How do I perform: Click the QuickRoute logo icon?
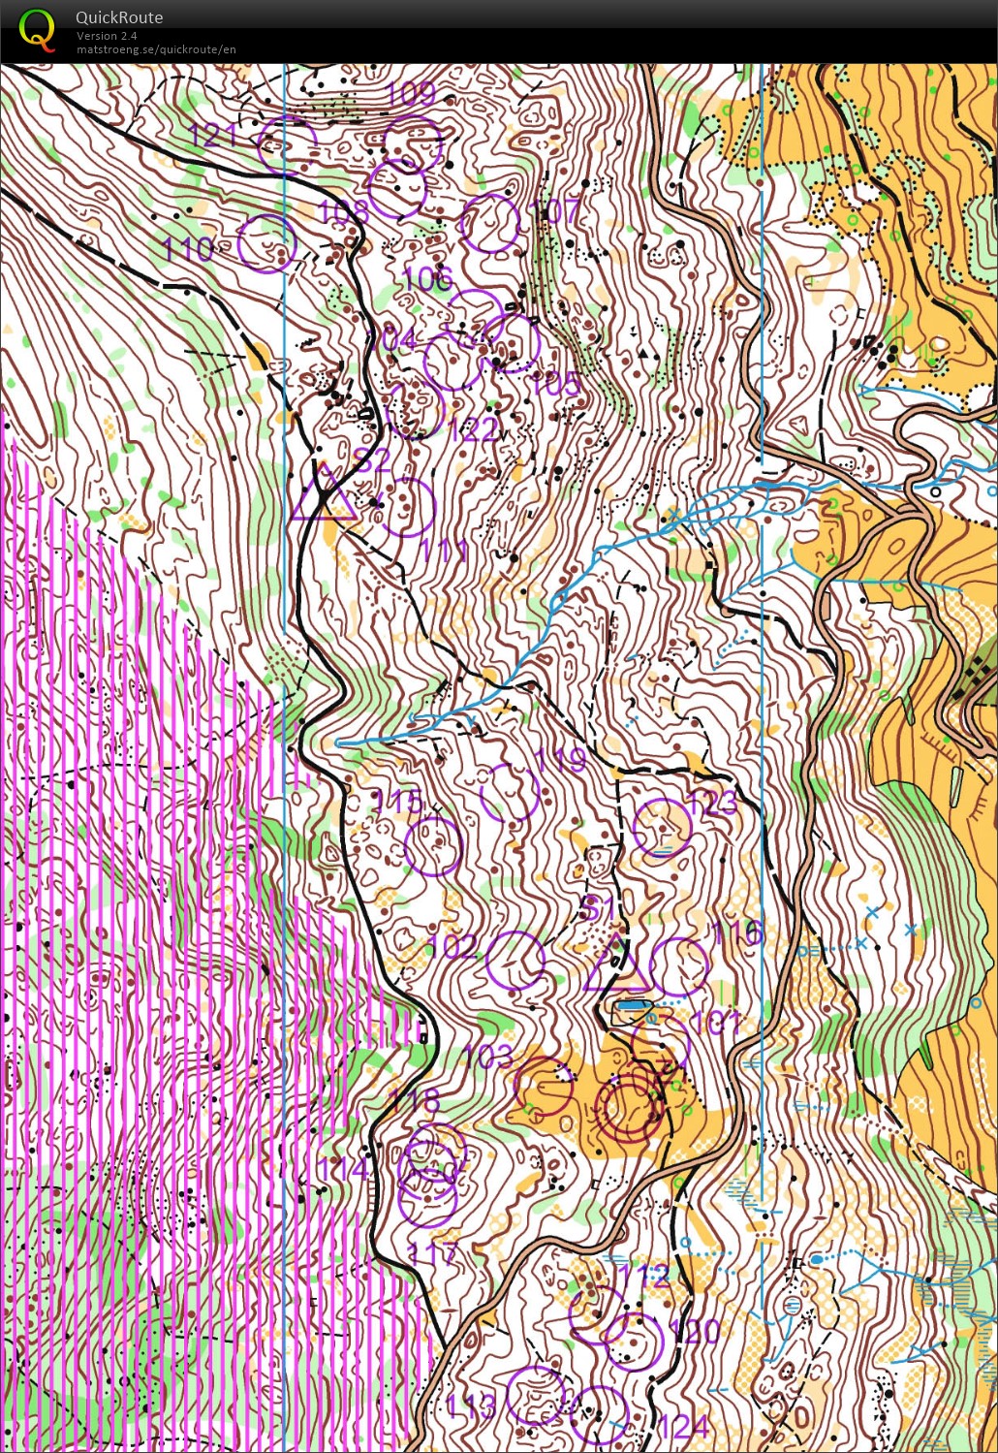coord(37,29)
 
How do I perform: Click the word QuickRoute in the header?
coord(119,17)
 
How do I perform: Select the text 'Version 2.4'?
coord(107,36)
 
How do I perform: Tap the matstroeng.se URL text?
coord(156,49)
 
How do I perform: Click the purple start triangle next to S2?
coord(325,494)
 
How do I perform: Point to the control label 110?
coord(188,250)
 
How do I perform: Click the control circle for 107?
coord(490,223)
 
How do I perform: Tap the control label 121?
coord(212,134)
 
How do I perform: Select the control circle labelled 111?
coord(406,507)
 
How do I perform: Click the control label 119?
coord(561,759)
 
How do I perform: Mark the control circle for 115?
coord(432,846)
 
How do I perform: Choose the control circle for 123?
coord(662,828)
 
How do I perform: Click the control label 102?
coord(452,947)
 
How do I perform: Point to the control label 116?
coord(736,933)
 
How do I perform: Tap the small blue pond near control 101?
coord(633,1007)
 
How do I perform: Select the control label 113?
coord(470,1406)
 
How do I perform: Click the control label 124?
coord(684,1426)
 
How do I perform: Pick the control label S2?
coord(372,459)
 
